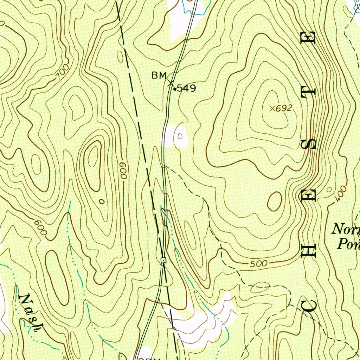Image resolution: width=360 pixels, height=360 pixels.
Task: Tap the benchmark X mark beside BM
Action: [171, 83]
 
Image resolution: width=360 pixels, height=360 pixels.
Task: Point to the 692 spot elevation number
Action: [284, 109]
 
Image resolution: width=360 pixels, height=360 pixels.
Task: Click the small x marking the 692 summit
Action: [272, 109]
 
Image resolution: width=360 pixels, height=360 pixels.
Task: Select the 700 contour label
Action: [62, 73]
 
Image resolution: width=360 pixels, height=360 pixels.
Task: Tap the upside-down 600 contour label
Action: [123, 171]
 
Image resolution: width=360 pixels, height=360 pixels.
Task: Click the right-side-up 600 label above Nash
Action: [41, 228]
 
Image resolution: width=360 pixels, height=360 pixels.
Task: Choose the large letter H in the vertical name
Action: [309, 249]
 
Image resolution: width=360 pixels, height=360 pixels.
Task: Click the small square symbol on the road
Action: [163, 260]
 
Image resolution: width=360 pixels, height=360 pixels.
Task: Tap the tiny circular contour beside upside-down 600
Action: [102, 201]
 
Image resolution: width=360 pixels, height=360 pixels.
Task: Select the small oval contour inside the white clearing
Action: [181, 136]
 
